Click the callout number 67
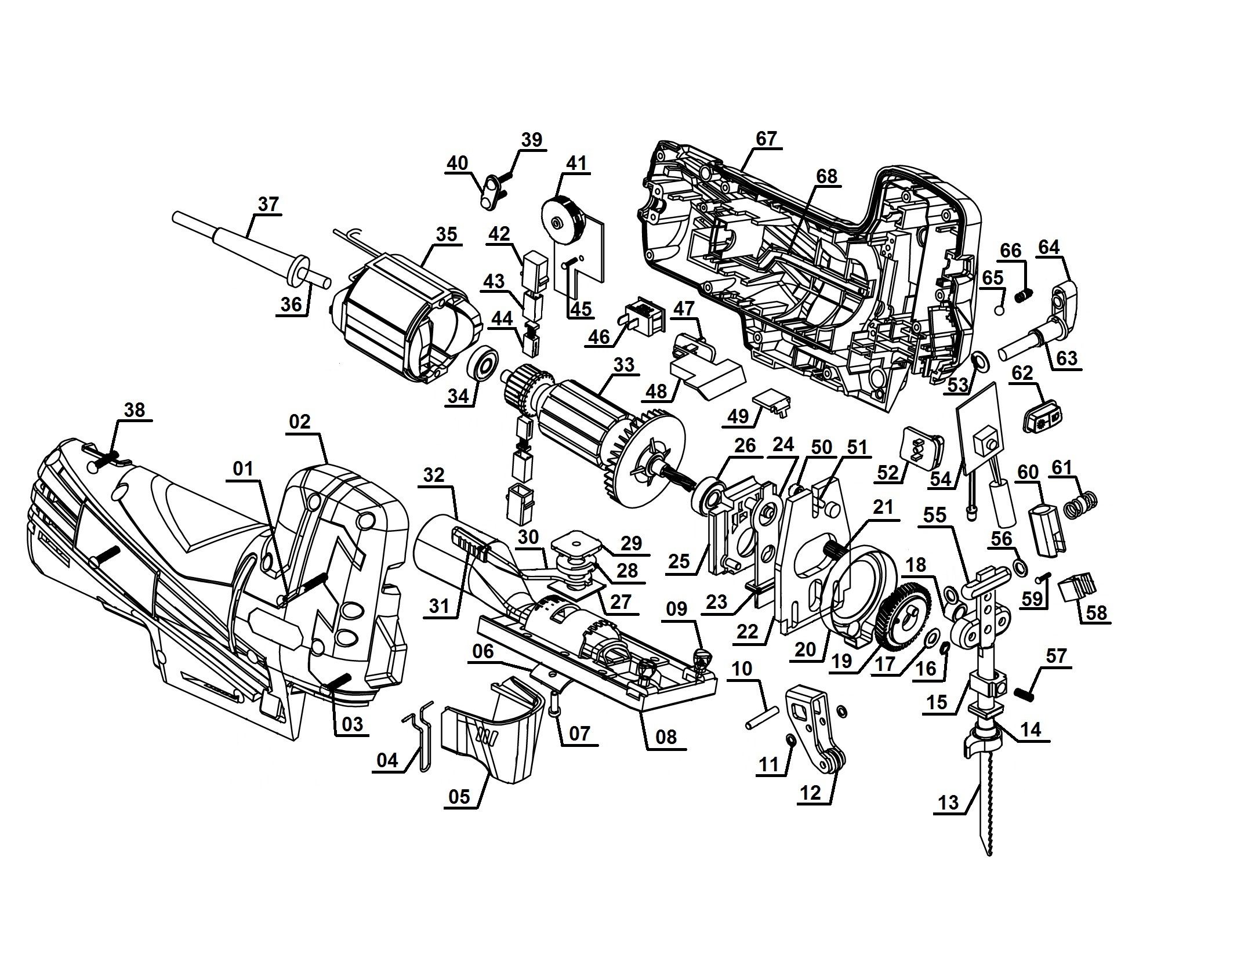tap(766, 139)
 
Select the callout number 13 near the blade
tap(949, 803)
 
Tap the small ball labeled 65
tap(999, 310)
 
